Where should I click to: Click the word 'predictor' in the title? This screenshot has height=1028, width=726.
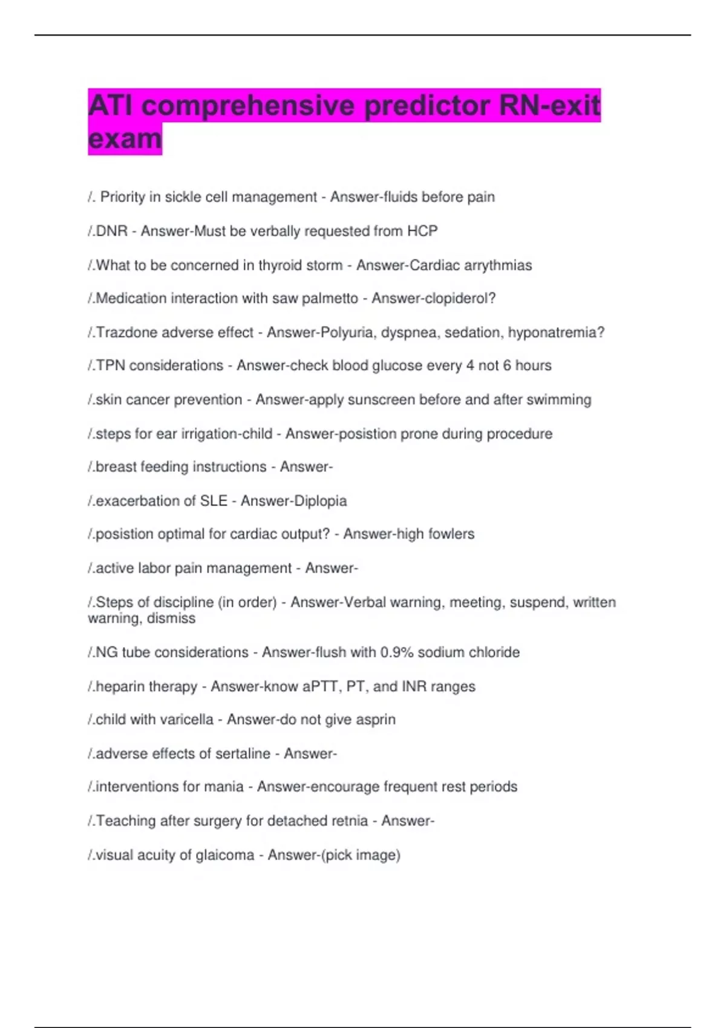coord(427,106)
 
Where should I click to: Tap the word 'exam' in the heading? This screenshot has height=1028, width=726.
coord(125,138)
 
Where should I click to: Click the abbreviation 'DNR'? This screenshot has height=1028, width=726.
coord(112,231)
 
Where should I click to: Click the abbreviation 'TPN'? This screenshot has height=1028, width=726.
coord(110,366)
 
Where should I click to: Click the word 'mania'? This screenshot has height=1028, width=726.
coord(227,787)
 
